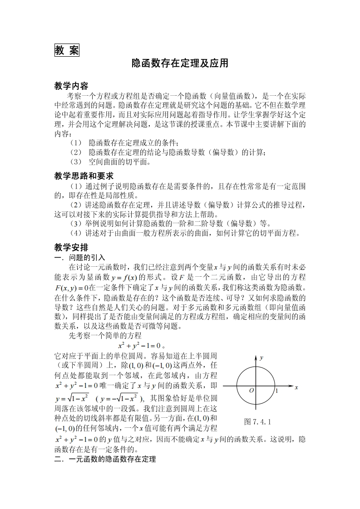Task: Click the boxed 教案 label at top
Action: click(x=67, y=50)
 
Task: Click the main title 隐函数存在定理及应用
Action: click(x=180, y=64)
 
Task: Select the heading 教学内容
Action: click(x=71, y=86)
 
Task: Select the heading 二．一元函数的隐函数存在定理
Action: click(x=105, y=460)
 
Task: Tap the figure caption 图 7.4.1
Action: click(x=257, y=421)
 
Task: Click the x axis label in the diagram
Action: click(x=296, y=388)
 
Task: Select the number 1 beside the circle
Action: click(x=276, y=390)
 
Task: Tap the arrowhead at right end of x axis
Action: click(x=291, y=387)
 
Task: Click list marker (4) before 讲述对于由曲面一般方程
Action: click(x=76, y=233)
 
